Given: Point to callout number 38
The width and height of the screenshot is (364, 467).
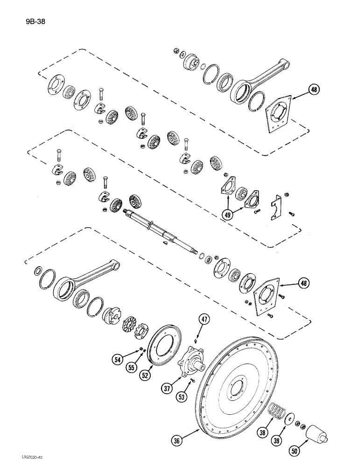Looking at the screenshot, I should (264, 433).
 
